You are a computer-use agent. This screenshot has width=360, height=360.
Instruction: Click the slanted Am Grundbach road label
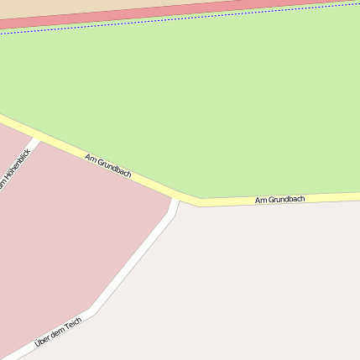pos(108,165)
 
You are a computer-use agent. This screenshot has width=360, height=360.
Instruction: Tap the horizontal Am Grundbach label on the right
pos(279,200)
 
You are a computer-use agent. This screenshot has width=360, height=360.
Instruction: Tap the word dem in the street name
pos(56,333)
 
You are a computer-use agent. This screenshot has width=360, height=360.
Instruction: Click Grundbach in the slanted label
pos(113,168)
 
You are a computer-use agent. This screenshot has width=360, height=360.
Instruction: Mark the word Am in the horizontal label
pos(260,201)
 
